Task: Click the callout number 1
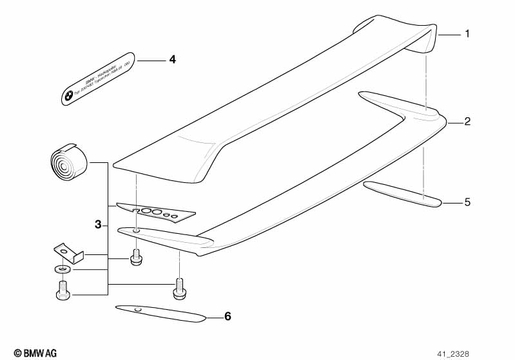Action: tap(468, 33)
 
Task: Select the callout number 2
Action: tap(468, 121)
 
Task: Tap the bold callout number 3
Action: tap(98, 225)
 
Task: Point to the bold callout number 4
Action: tap(172, 60)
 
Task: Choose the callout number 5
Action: tap(468, 202)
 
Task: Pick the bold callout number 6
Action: tap(227, 316)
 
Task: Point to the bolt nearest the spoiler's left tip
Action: tap(136, 257)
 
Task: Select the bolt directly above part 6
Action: tap(179, 289)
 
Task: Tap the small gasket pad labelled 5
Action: tap(402, 194)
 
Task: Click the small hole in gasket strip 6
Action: tap(137, 309)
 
